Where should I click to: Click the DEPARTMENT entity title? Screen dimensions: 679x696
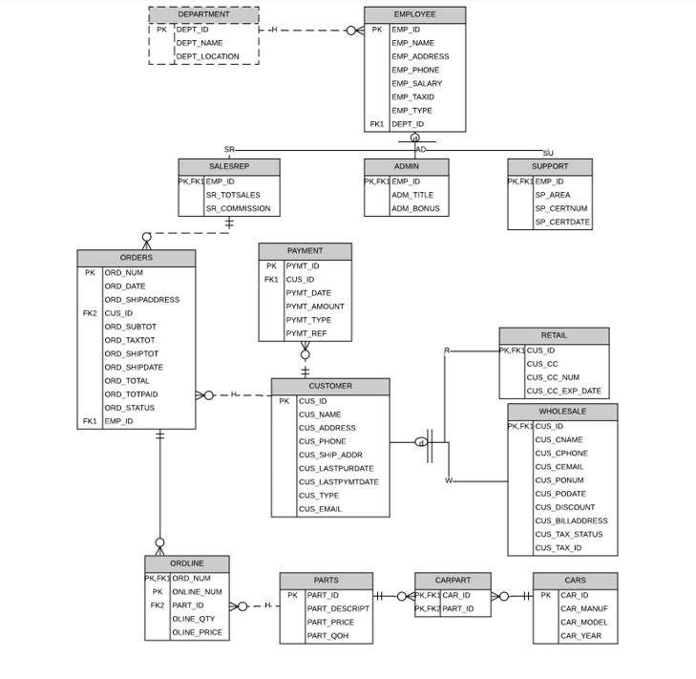coord(203,14)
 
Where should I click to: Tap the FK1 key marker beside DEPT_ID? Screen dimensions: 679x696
coord(377,124)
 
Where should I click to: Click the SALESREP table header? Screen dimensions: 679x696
coord(228,166)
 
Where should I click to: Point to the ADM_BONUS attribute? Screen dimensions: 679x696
coord(411,208)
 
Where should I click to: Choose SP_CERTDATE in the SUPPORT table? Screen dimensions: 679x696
coord(561,223)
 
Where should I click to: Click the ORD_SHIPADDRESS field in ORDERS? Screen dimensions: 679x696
coord(141,300)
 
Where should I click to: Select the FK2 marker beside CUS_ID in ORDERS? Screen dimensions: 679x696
coord(90,313)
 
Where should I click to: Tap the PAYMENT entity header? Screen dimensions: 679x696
coord(305,251)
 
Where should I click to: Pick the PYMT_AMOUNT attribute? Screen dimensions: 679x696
coord(315,307)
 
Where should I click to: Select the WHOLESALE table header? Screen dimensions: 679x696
coord(562,412)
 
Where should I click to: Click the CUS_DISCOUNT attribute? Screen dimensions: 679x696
coord(564,507)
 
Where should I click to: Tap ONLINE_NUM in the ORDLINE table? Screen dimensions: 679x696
coord(197,592)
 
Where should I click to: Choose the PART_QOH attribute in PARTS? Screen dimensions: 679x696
coord(327,636)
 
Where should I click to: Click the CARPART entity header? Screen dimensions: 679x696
coord(453,581)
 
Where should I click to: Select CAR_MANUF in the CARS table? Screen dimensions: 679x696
coord(583,608)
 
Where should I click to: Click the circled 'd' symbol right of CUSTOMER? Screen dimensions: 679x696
coord(421,442)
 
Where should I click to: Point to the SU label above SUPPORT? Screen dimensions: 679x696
coord(548,154)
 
